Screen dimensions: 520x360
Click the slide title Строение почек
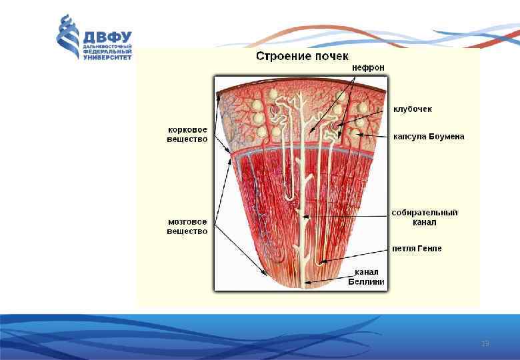coord(302,56)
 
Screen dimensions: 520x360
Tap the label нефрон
coord(368,67)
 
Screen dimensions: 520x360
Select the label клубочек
coord(413,108)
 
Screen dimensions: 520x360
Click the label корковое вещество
coord(187,135)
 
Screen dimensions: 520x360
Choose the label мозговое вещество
coord(187,227)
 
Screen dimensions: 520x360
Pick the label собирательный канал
coord(425,217)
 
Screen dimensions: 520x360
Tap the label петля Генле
coord(417,249)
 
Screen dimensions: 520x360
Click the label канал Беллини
coord(366,277)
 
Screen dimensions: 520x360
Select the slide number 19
coord(485,343)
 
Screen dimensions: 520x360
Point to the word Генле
coord(429,249)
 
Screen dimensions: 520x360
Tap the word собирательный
coord(425,213)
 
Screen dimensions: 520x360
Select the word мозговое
coord(187,222)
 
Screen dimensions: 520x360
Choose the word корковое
coord(187,130)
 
